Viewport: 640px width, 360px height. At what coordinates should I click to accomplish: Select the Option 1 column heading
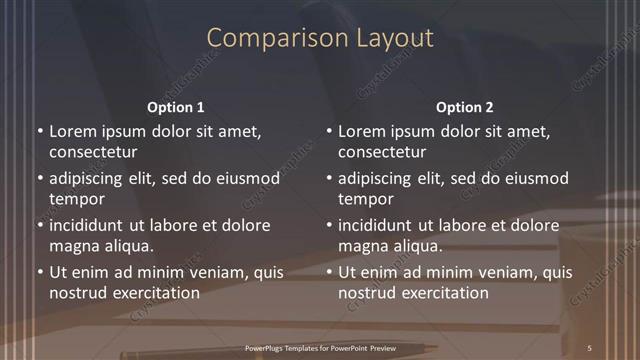click(x=176, y=107)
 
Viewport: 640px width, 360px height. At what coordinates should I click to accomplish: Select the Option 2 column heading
click(x=465, y=107)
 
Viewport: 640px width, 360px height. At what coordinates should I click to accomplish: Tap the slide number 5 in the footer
click(x=590, y=347)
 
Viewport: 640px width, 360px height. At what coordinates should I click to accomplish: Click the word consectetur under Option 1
click(x=93, y=152)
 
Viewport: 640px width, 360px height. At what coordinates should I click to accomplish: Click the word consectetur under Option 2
click(x=382, y=152)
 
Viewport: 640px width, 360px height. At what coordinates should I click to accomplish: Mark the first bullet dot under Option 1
click(x=40, y=131)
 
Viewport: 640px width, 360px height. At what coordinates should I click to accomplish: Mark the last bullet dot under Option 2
click(x=329, y=272)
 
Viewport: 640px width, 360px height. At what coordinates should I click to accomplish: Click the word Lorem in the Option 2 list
click(x=361, y=131)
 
